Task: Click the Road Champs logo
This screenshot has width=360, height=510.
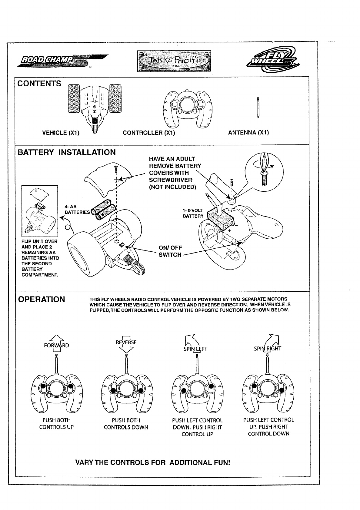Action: [x=62, y=60]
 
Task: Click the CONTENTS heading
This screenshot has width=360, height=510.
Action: [x=39, y=84]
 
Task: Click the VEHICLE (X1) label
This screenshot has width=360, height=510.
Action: [x=61, y=133]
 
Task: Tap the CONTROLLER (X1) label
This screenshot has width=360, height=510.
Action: [x=149, y=133]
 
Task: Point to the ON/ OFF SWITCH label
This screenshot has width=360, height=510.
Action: [x=170, y=251]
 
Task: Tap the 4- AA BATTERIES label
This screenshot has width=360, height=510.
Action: [x=77, y=210]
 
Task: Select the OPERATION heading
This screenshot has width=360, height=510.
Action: [x=42, y=299]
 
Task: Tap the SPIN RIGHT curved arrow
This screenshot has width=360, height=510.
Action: [x=272, y=342]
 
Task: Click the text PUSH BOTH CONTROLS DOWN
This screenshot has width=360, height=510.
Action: [x=126, y=424]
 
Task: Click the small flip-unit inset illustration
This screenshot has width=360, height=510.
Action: [x=40, y=211]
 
